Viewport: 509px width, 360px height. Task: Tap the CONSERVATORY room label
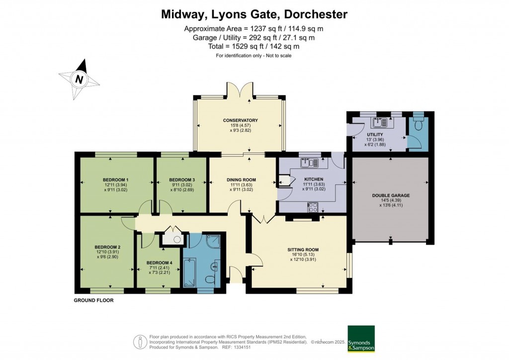click(240, 120)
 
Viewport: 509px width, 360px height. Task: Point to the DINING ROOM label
click(241, 180)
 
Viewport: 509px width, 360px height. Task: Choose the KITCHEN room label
click(314, 180)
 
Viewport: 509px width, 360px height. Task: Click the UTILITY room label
click(375, 135)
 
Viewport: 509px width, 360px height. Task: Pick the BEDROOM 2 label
click(108, 247)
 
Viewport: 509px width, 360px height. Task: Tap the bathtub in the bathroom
click(189, 271)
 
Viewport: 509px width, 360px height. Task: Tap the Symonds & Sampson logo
click(361, 339)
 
